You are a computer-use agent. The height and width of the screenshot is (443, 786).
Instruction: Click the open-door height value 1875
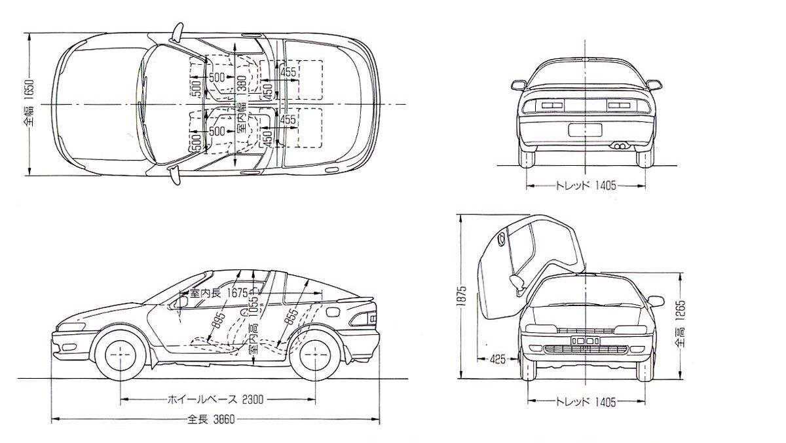(x=462, y=297)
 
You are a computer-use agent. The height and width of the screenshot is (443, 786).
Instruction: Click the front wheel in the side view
(x=121, y=354)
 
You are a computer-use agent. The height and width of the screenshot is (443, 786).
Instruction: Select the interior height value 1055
(x=252, y=308)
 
